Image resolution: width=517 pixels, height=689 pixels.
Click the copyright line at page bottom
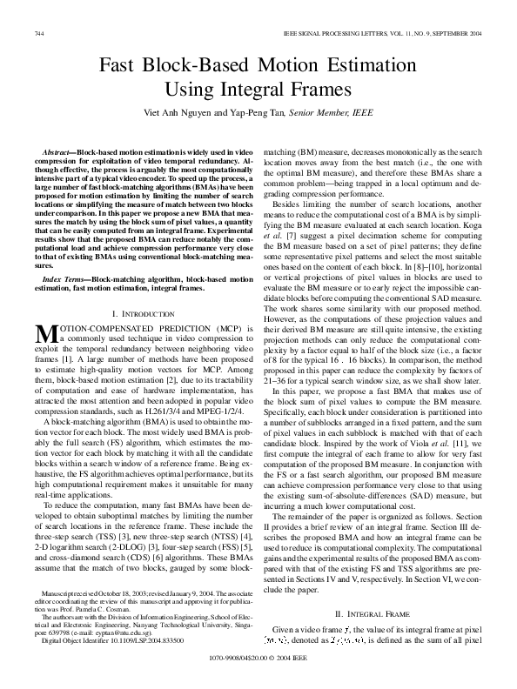coord(258,672)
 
